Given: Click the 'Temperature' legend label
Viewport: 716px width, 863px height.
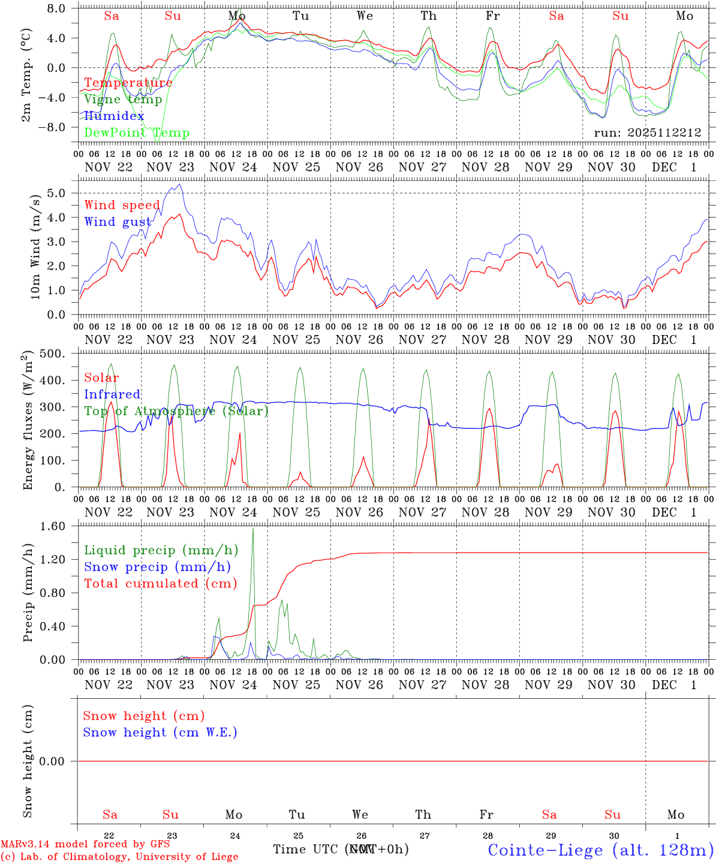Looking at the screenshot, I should pos(128,83).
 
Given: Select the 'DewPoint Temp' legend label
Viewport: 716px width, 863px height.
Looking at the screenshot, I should pos(137,133).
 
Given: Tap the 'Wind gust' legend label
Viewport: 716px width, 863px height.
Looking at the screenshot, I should pos(118,222).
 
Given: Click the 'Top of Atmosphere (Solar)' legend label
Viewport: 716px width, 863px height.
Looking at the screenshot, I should pos(176,411).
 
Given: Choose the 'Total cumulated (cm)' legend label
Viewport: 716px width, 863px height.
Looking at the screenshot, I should pos(161,583).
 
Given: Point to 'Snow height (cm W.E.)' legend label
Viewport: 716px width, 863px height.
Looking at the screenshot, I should pos(160,732).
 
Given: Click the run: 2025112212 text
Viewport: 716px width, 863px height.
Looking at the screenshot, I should pos(648,132).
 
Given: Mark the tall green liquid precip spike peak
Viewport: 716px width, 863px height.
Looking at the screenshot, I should pos(253,528).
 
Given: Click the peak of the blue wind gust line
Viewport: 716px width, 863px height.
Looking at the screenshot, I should pos(180,185).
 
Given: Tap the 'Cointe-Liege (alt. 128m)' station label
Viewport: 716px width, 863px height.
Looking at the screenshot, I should pos(600,849).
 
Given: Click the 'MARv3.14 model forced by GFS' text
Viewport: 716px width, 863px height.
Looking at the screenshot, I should pos(85,844).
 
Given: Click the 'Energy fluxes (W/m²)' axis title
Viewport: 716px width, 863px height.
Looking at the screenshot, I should pos(27,422).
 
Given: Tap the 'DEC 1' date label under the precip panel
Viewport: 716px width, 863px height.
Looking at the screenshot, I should pos(675,685).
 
